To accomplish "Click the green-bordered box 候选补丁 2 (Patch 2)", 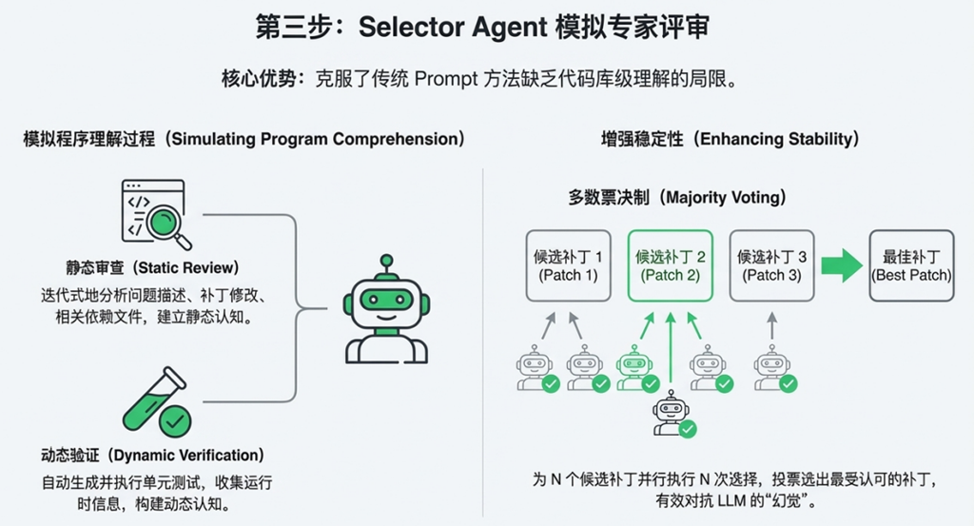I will [670, 265].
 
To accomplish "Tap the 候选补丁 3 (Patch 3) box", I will [771, 265].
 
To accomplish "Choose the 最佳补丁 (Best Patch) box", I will [911, 265].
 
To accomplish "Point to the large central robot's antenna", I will [385, 262].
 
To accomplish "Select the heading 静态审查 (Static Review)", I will [140, 267].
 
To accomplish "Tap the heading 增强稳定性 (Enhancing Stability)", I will [730, 139].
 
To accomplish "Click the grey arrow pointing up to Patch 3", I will [771, 327].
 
